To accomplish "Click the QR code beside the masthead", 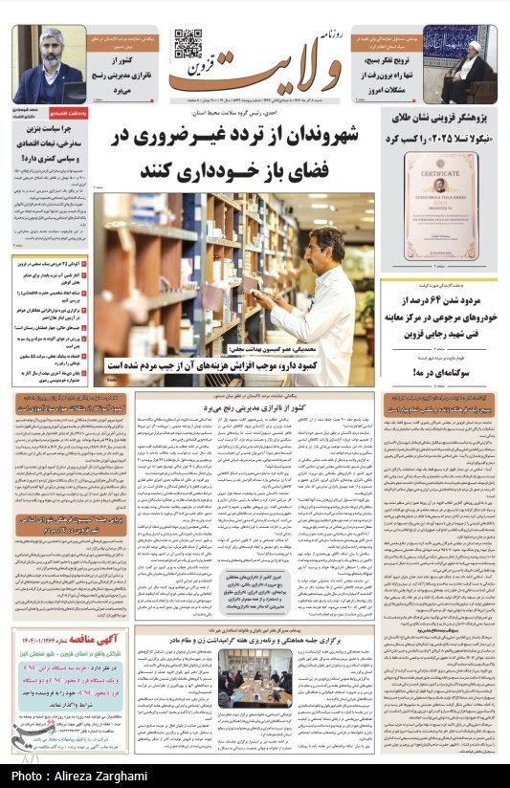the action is point(188,44).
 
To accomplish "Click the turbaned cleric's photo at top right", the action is point(471,67).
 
